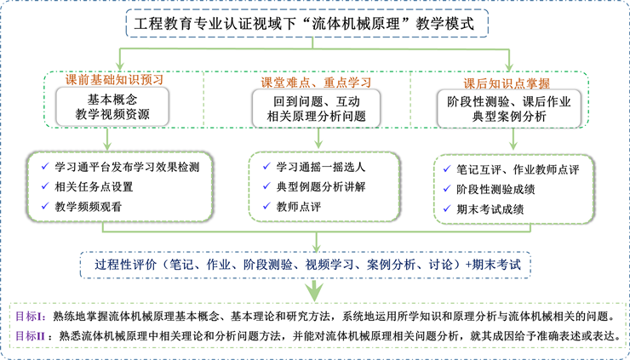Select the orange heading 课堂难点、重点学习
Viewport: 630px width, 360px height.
(315, 82)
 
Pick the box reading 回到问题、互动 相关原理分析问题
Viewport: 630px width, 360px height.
(315, 108)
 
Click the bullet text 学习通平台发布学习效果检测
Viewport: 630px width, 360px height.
(126, 166)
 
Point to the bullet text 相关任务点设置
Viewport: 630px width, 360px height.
(93, 186)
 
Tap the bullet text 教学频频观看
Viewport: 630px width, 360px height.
(93, 206)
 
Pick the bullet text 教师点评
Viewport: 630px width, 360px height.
(295, 206)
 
